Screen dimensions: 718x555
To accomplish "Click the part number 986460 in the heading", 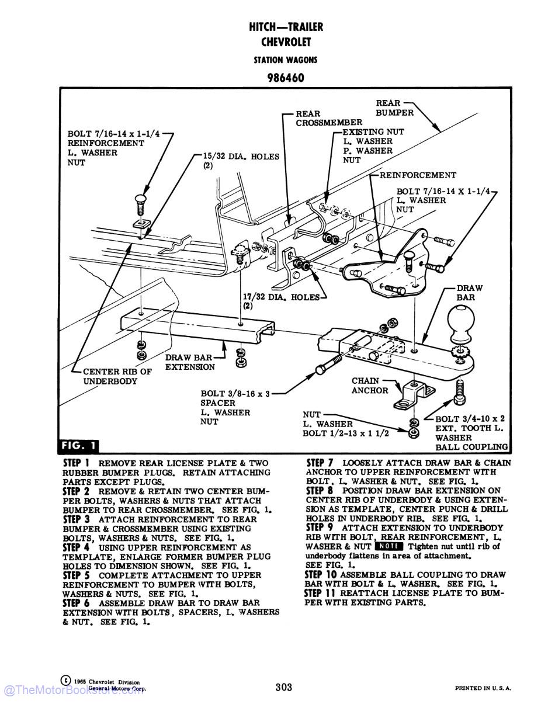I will tap(286, 78).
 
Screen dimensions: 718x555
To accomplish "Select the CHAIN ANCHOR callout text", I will tap(370, 386).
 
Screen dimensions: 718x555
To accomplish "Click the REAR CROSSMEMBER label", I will tap(328, 118).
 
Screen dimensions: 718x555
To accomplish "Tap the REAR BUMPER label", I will tap(394, 108).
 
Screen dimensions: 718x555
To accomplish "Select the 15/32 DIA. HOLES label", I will tap(241, 161).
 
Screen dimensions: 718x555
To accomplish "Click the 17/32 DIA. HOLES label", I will tap(281, 301).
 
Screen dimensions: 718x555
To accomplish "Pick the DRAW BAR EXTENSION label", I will tap(189, 362).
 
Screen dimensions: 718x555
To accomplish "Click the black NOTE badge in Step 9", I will tap(389, 546).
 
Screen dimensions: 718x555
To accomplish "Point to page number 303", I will tap(284, 687).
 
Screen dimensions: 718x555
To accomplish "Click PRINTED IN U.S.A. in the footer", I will tap(483, 688).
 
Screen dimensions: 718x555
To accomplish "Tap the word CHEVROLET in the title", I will tap(286, 42).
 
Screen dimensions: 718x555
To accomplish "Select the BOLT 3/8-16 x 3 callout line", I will tap(235, 394).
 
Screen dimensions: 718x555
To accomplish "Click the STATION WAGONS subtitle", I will tap(286, 60).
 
